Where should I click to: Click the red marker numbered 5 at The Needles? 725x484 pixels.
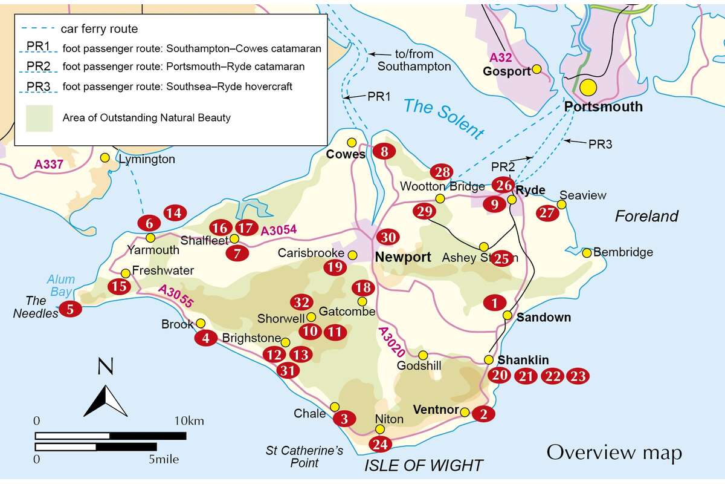(x=71, y=310)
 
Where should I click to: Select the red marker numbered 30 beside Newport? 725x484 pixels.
(x=388, y=237)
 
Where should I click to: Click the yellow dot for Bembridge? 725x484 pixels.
(x=586, y=252)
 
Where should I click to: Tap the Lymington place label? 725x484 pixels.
(x=147, y=160)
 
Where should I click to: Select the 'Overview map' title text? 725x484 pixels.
(x=614, y=452)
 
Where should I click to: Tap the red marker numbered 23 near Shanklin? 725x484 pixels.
(x=578, y=376)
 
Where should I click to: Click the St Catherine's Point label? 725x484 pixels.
(x=304, y=457)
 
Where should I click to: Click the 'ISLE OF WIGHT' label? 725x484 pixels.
(x=424, y=465)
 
